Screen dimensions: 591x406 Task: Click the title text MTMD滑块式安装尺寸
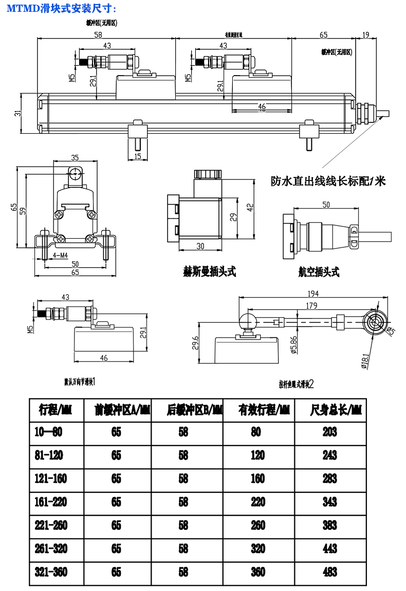pos(61,8)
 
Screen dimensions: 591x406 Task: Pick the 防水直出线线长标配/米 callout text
pos(328,181)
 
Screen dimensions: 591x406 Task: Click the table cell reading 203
pos(330,432)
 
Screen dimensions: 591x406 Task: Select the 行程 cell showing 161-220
pos(50,502)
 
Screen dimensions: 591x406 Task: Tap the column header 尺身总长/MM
pos(330,410)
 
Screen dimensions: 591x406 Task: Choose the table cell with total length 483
pos(330,572)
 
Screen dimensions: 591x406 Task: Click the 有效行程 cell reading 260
pos(258,525)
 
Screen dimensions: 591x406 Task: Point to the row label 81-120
pos(50,455)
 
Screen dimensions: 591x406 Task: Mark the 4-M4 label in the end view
pos(61,255)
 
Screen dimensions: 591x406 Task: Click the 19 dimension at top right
pos(365,35)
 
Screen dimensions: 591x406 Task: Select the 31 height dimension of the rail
pos(17,113)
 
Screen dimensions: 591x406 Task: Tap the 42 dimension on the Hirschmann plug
pos(250,207)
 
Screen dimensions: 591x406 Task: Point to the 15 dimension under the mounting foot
pos(137,156)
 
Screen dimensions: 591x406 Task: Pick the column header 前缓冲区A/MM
pos(116,410)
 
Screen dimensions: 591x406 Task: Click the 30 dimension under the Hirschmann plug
pos(200,246)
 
